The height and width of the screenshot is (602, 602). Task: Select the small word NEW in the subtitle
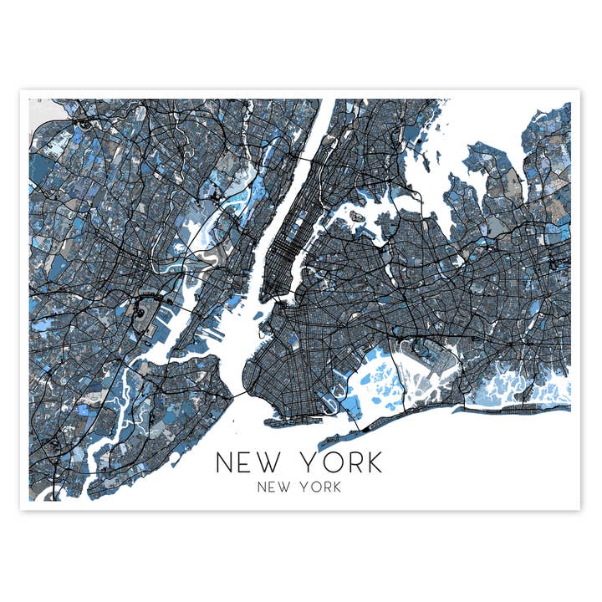pyautogui.click(x=273, y=487)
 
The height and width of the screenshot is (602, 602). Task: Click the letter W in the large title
pyautogui.click(x=272, y=462)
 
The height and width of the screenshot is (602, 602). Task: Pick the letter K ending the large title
pyautogui.click(x=371, y=462)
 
